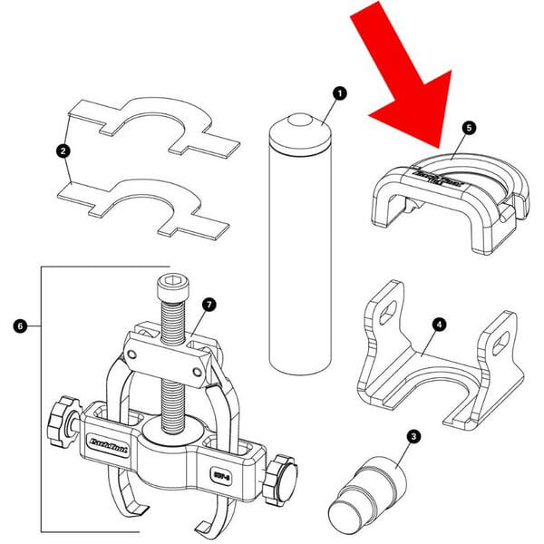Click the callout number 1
[340, 92]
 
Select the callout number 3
[413, 437]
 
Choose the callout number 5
[468, 128]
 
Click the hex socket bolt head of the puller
[171, 290]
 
